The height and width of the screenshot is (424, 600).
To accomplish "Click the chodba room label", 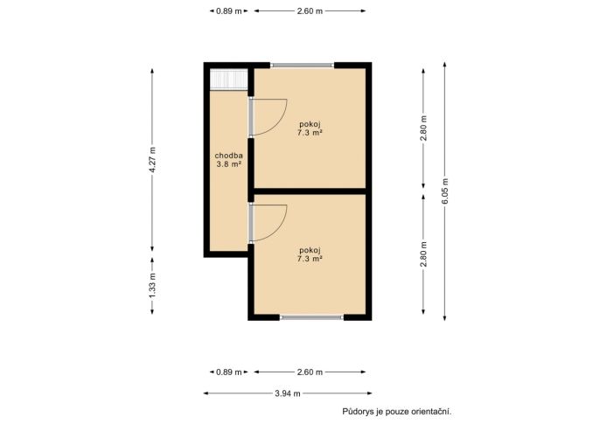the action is click(229, 156).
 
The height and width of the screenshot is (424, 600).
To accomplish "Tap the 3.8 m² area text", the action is click(229, 164).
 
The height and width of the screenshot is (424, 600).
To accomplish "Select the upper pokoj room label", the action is click(310, 124).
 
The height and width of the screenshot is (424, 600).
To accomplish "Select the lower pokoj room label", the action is click(310, 250).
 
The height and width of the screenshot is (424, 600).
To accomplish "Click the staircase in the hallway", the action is click(229, 80).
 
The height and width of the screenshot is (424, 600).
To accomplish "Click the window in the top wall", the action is click(303, 66).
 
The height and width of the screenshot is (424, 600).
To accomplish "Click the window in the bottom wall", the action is click(312, 317).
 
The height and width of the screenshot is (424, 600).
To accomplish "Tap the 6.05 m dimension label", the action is click(444, 191).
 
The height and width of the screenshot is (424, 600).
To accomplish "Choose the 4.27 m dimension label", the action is click(152, 160).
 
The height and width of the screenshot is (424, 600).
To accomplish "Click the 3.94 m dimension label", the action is click(288, 393).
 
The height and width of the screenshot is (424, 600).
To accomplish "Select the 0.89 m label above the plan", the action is click(229, 11).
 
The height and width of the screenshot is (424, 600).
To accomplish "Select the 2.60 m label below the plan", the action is click(310, 372).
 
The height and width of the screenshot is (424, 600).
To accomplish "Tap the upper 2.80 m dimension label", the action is click(423, 129).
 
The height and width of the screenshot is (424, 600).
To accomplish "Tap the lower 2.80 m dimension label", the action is click(423, 254).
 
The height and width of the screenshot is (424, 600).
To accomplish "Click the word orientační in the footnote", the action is click(431, 412).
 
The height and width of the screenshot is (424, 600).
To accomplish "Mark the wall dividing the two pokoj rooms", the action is click(310, 191).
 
